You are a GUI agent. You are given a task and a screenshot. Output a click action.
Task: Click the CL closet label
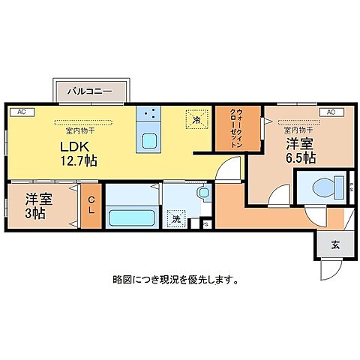point(90,205)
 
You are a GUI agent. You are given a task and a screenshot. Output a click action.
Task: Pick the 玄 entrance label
point(331,244)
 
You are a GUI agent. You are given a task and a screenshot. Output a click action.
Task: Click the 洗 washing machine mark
point(175,220)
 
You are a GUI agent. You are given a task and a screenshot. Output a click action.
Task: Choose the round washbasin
point(203,193)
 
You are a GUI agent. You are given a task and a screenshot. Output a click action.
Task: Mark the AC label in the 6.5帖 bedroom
point(330,112)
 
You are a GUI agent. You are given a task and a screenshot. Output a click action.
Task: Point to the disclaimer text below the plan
point(176,280)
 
